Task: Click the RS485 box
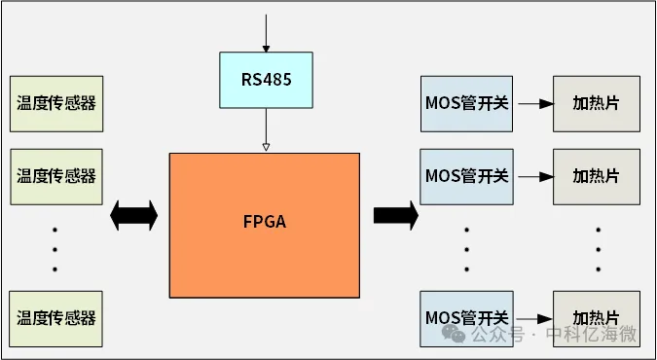click(266, 80)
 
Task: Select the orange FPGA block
click(265, 224)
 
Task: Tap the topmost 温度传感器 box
click(55, 102)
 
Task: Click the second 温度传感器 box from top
click(55, 176)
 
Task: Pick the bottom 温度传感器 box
click(55, 317)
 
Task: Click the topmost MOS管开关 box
click(466, 102)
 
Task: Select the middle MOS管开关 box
click(466, 176)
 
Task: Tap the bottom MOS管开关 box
click(466, 317)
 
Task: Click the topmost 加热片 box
click(596, 102)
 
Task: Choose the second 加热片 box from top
click(596, 176)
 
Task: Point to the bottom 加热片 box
click(596, 317)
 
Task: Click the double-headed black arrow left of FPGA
click(134, 215)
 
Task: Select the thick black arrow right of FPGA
click(395, 215)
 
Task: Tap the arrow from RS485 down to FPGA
click(265, 128)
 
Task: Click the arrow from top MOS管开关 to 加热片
click(532, 102)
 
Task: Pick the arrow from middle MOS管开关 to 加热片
click(532, 177)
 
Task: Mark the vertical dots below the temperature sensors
click(55, 248)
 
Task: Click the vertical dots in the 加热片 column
click(598, 248)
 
